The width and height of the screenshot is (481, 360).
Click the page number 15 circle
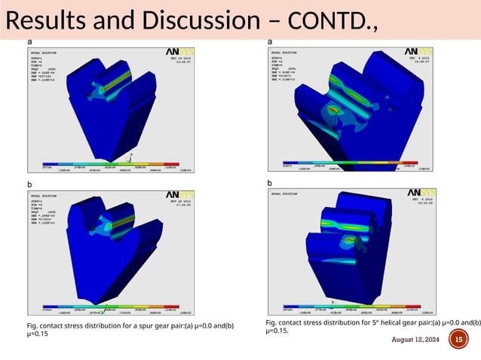(x=458, y=340)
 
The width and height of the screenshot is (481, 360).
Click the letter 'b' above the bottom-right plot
(x=270, y=182)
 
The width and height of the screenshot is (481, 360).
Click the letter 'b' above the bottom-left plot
(x=29, y=183)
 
